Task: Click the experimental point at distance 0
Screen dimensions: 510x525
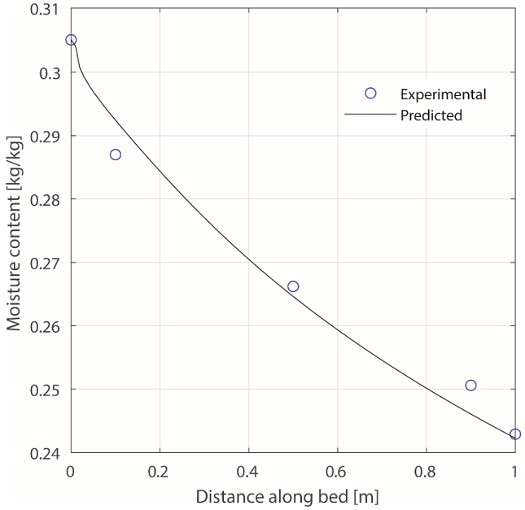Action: [x=71, y=40]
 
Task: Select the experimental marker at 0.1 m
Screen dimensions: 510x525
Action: [x=116, y=155]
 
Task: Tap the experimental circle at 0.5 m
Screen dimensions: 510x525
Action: [x=293, y=286]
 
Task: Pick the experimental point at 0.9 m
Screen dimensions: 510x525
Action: [x=470, y=386]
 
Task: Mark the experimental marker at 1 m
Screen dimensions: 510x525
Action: [x=515, y=434]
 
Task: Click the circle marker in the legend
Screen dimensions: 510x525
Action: [x=370, y=94]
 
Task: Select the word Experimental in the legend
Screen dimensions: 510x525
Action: [x=443, y=94]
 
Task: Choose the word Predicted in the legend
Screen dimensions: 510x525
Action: [x=431, y=116]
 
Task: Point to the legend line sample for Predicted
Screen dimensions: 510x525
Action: [x=370, y=116]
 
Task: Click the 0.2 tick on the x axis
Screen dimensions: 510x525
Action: [x=160, y=471]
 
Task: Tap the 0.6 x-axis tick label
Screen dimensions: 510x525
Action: [x=337, y=471]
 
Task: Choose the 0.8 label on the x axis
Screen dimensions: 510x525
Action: [x=426, y=471]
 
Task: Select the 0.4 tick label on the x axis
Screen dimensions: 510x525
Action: [x=248, y=471]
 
